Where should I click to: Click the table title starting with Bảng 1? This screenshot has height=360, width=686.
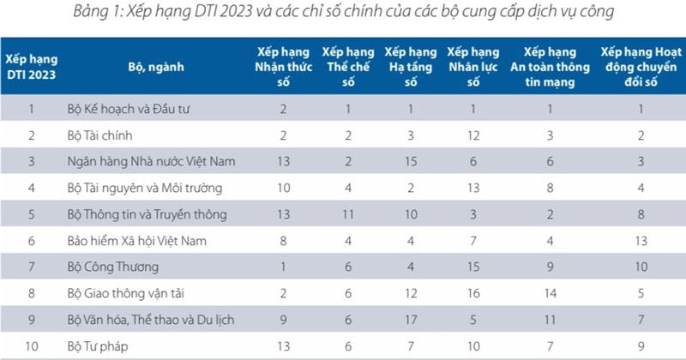click(x=343, y=13)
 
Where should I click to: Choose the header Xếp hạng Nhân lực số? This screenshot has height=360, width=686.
click(x=471, y=66)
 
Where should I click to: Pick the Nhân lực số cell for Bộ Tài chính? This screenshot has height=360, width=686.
click(x=471, y=135)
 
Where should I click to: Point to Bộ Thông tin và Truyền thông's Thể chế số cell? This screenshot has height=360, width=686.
click(x=348, y=213)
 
